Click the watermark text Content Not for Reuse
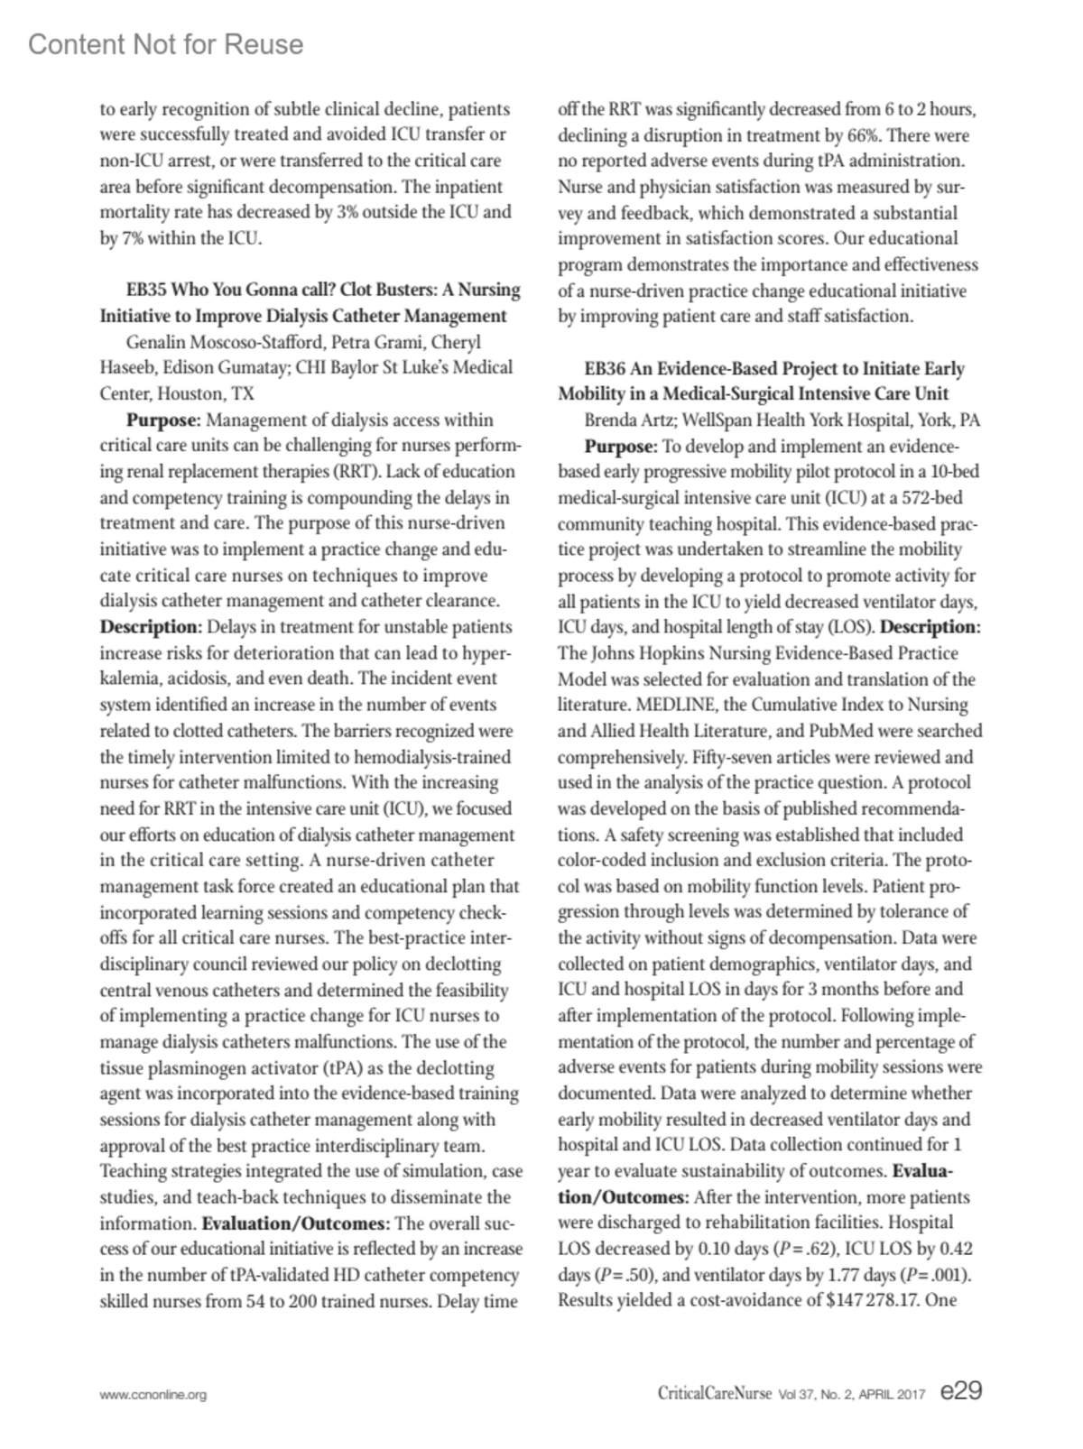pyautogui.click(x=166, y=45)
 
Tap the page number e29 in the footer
pyautogui.click(x=959, y=1391)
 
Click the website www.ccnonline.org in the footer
pyautogui.click(x=153, y=1395)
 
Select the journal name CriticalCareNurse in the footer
pyautogui.click(x=714, y=1394)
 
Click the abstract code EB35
pyautogui.click(x=146, y=290)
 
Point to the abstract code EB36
pyautogui.click(x=605, y=368)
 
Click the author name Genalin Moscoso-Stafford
pyautogui.click(x=226, y=342)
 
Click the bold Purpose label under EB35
pyautogui.click(x=162, y=420)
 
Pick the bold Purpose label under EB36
pyautogui.click(x=620, y=446)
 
